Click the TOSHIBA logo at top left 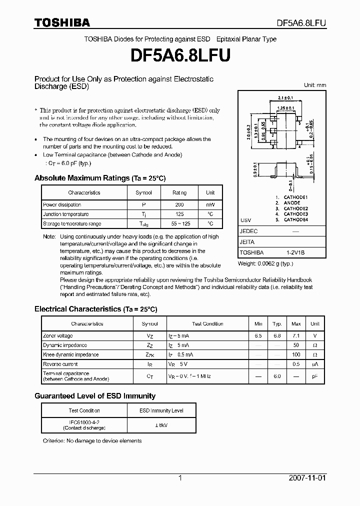pyautogui.click(x=62, y=22)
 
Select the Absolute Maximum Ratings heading pyautogui.click(x=99, y=178)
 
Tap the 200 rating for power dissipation pyautogui.click(x=179, y=205)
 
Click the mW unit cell pyautogui.click(x=210, y=205)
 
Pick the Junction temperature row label pyautogui.click(x=66, y=214)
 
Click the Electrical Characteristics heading pyautogui.click(x=99, y=309)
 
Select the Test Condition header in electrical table pyautogui.click(x=207, y=324)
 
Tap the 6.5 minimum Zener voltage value pyautogui.click(x=258, y=336)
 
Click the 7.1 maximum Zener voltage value pyautogui.click(x=296, y=336)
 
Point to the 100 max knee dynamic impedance pyautogui.click(x=296, y=355)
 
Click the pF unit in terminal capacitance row pyautogui.click(x=315, y=376)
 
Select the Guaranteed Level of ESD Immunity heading pyautogui.click(x=94, y=396)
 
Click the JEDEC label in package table pyautogui.click(x=248, y=231)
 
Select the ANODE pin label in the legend pyautogui.click(x=292, y=203)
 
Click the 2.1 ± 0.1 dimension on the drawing pyautogui.click(x=285, y=98)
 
